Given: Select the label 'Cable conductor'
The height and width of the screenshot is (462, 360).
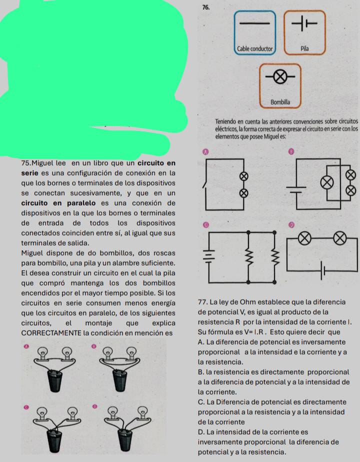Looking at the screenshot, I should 254,49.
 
